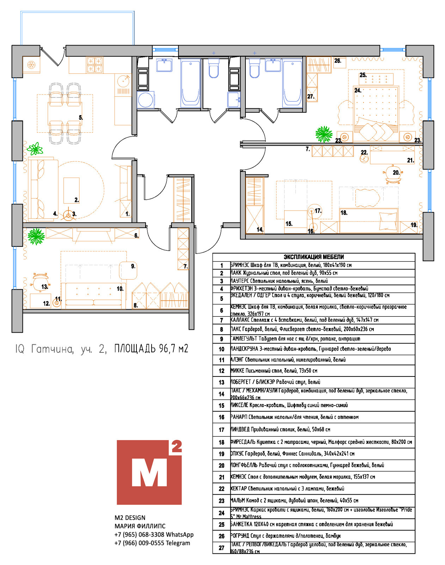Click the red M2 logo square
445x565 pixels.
pos(149,472)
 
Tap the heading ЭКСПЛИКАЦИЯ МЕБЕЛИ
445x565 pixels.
pos(313,257)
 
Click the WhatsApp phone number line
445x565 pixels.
pos(154,535)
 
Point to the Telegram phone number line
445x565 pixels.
pos(152,543)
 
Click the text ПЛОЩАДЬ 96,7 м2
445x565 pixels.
pos(151,349)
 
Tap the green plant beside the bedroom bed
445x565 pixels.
pos(324,134)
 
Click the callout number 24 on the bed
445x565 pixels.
pos(358,90)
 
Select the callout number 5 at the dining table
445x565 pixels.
pos(81,118)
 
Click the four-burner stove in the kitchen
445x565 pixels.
pos(95,65)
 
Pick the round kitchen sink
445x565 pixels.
pos(123,81)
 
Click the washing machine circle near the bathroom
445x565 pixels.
pos(145,100)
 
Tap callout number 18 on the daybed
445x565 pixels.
pos(344,213)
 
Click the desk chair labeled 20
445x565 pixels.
pos(392,174)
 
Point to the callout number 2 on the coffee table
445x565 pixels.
pos(77,200)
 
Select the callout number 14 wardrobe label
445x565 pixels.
pos(260,230)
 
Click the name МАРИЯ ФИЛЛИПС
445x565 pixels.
pos(140,526)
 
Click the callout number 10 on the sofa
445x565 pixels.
pos(120,289)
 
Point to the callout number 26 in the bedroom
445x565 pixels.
pos(337,61)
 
